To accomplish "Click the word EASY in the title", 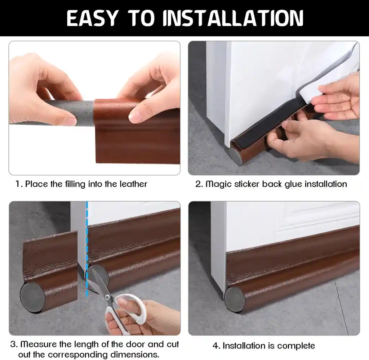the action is coord(92,18).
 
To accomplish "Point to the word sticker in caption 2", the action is coord(247,184).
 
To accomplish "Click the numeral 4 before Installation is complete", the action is coord(215,346).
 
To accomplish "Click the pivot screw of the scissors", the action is coord(107,297).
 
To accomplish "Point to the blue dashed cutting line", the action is coord(87,249).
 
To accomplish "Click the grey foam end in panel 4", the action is coord(234,299).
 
